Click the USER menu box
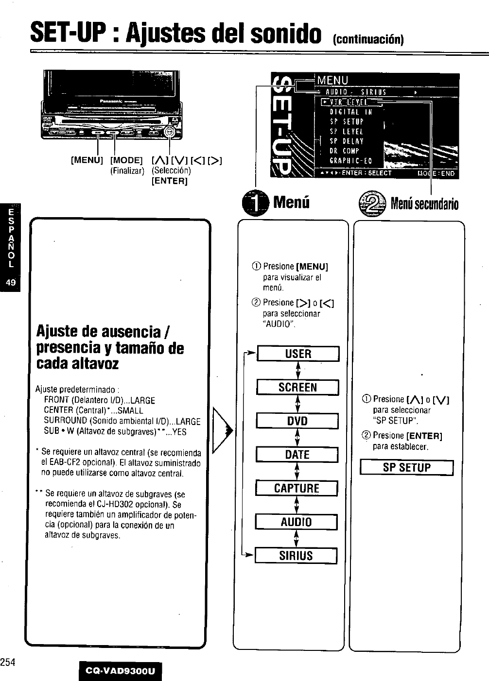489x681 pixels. click(297, 354)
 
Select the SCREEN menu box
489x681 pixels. click(297, 387)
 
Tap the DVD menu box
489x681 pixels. click(297, 421)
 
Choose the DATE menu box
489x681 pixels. click(297, 455)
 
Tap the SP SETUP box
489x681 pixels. click(406, 468)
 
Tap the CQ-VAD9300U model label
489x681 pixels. click(120, 671)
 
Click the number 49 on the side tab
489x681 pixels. click(10, 282)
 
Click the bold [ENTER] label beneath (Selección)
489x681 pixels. click(170, 181)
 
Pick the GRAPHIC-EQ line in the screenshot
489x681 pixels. click(350, 161)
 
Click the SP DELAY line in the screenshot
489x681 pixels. click(347, 141)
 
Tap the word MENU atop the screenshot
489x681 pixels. click(332, 80)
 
